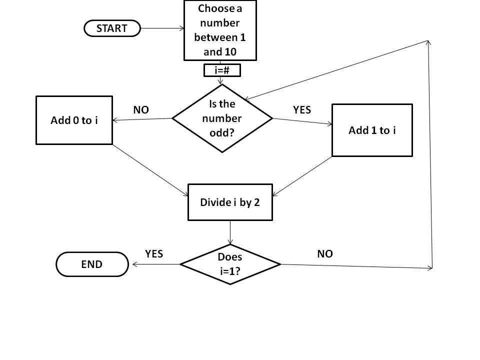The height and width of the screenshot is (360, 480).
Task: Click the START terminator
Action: tap(112, 28)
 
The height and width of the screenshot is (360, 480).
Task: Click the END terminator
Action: tap(92, 264)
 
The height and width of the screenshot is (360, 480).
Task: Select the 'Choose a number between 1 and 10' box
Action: tap(220, 30)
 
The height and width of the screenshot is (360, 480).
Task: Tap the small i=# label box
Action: tap(222, 70)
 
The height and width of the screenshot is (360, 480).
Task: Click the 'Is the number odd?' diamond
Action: tap(222, 118)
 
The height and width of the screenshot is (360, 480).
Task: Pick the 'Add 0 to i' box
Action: tap(74, 120)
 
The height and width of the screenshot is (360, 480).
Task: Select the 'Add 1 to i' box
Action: tap(372, 130)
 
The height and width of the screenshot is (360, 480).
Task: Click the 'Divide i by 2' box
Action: tap(230, 202)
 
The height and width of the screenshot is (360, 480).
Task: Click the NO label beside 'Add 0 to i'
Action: tap(141, 110)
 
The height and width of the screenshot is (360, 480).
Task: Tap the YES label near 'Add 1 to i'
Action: tap(302, 110)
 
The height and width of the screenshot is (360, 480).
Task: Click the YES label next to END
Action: tap(154, 254)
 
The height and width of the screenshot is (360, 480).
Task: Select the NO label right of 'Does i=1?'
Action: tap(325, 254)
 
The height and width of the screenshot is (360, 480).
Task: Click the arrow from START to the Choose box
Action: tap(162, 28)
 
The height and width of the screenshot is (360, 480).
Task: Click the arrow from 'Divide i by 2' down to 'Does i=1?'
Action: tap(230, 232)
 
